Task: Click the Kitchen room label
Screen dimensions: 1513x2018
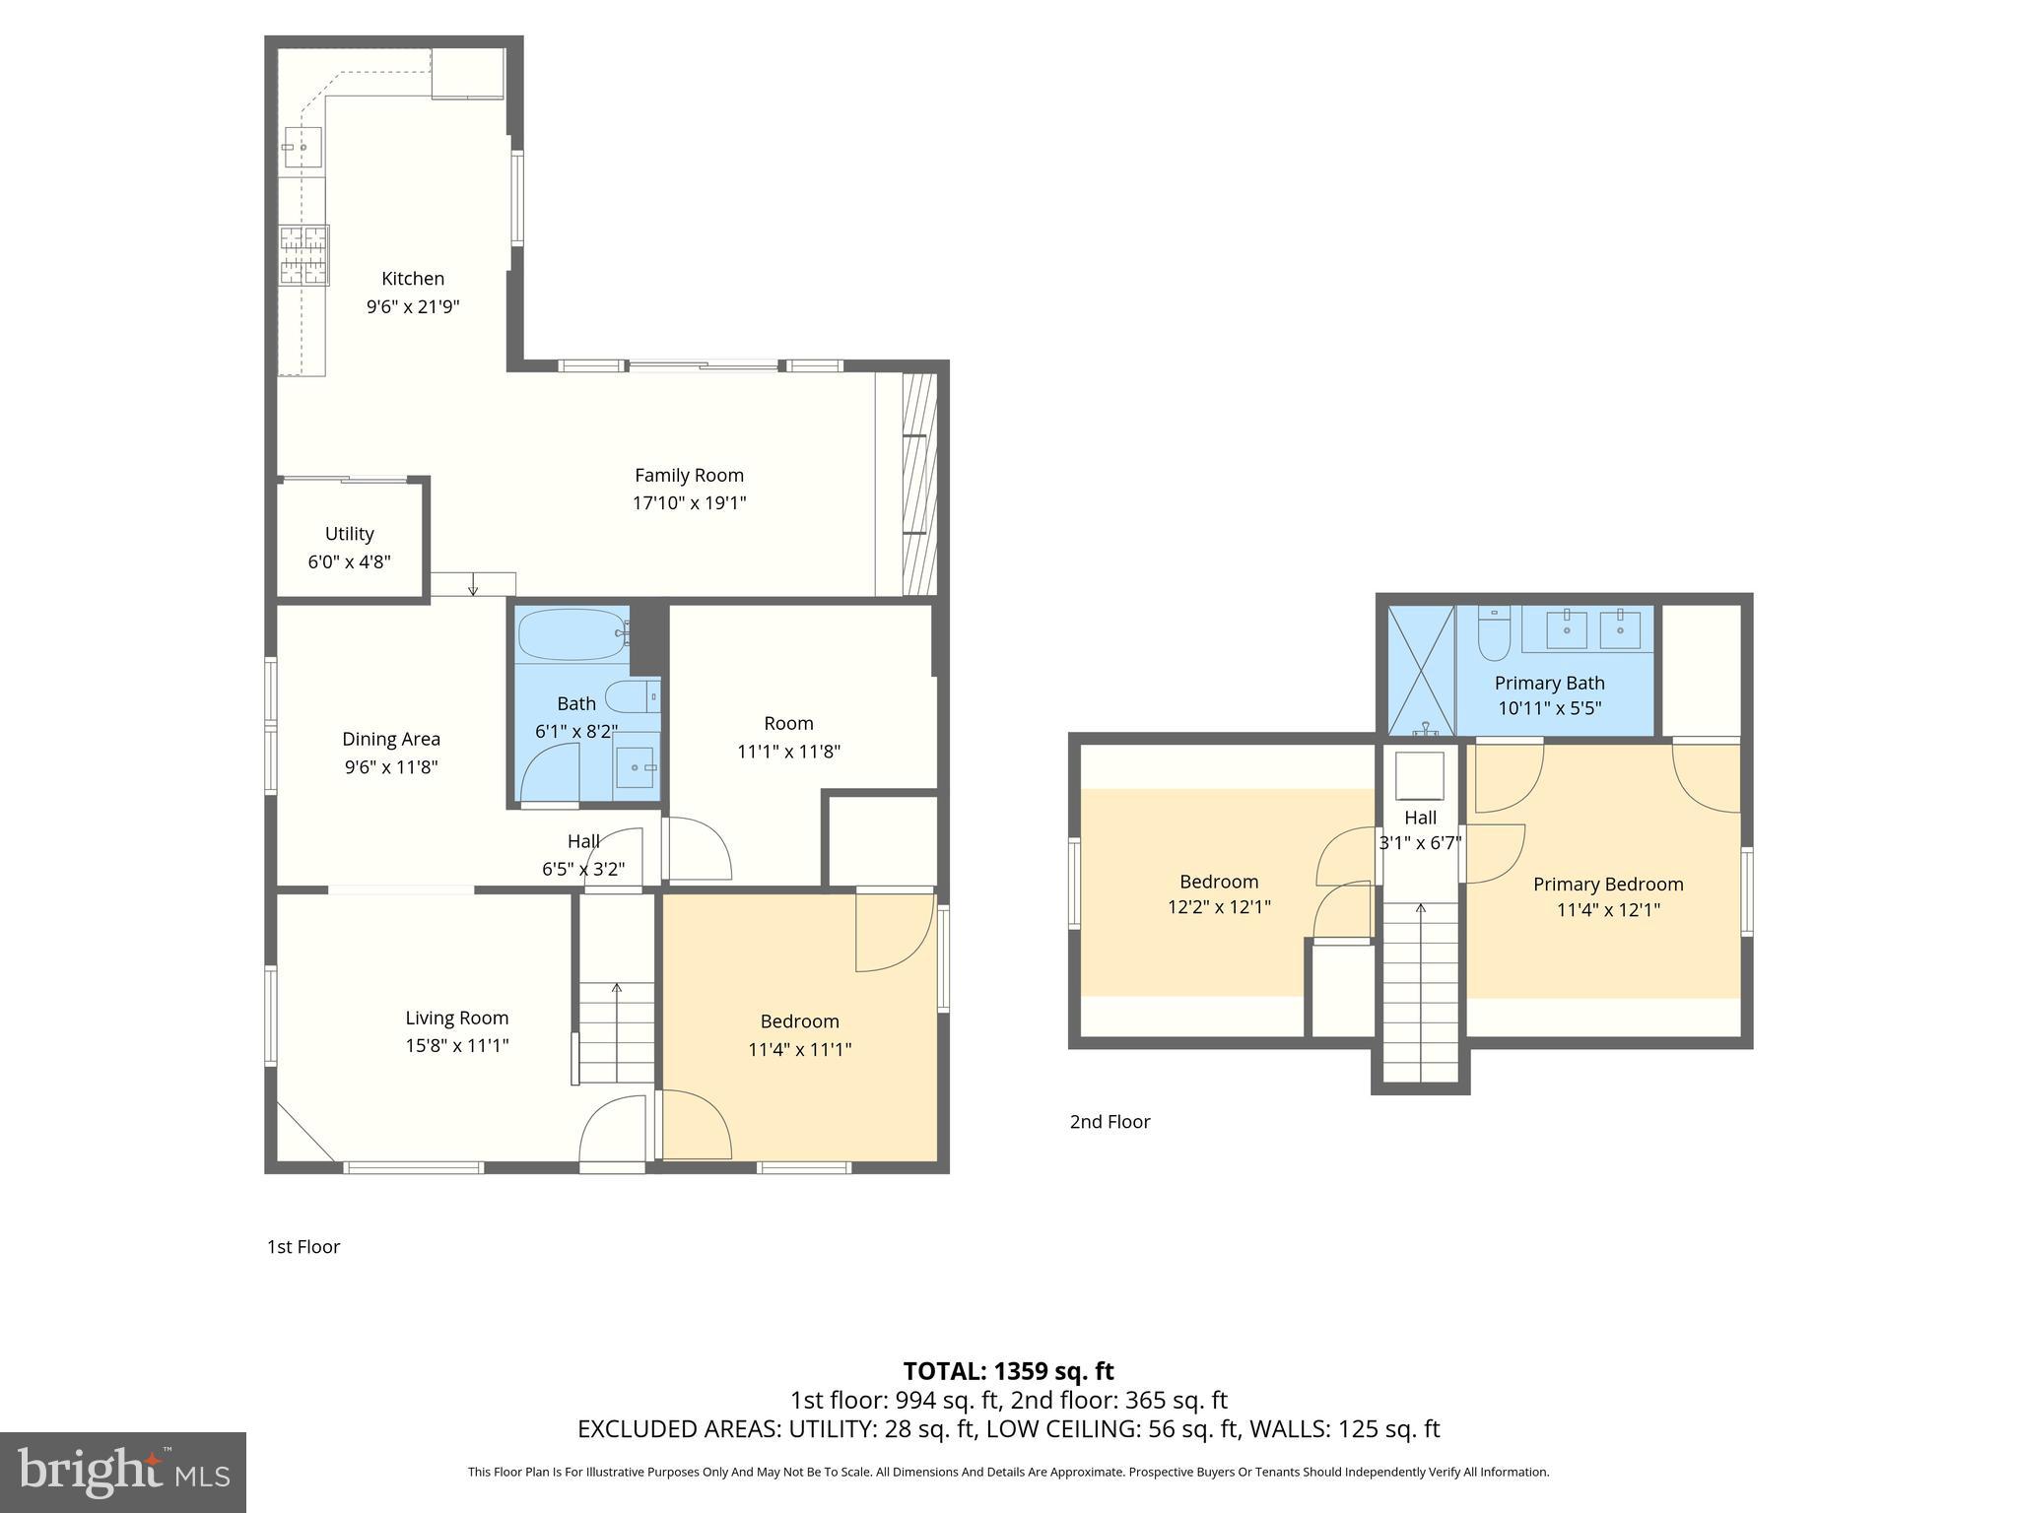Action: pos(413,279)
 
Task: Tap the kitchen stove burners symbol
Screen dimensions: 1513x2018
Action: pos(303,255)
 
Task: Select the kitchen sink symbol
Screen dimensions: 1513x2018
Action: pos(303,149)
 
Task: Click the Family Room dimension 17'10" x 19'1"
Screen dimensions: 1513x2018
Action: pos(689,503)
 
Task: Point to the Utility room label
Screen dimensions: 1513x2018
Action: pos(349,534)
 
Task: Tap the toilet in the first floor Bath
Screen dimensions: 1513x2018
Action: pos(630,697)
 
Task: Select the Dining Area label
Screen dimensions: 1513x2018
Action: pos(391,739)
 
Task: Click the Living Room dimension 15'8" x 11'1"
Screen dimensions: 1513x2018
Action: pos(457,1046)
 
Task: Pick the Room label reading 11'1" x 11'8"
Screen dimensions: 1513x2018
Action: pos(788,752)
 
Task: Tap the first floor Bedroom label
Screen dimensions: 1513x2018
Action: pos(799,1021)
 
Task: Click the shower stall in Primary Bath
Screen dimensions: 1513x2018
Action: pos(1421,671)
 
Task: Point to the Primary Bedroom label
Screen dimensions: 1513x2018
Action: pos(1608,885)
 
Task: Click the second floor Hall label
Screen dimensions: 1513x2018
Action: pos(1420,818)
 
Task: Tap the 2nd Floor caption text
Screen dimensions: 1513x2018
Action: pos(1110,1122)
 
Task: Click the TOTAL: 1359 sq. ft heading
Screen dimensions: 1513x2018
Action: pos(1008,1371)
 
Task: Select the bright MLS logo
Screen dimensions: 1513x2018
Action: pos(123,1473)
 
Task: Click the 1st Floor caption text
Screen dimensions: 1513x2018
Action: pos(303,1247)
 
